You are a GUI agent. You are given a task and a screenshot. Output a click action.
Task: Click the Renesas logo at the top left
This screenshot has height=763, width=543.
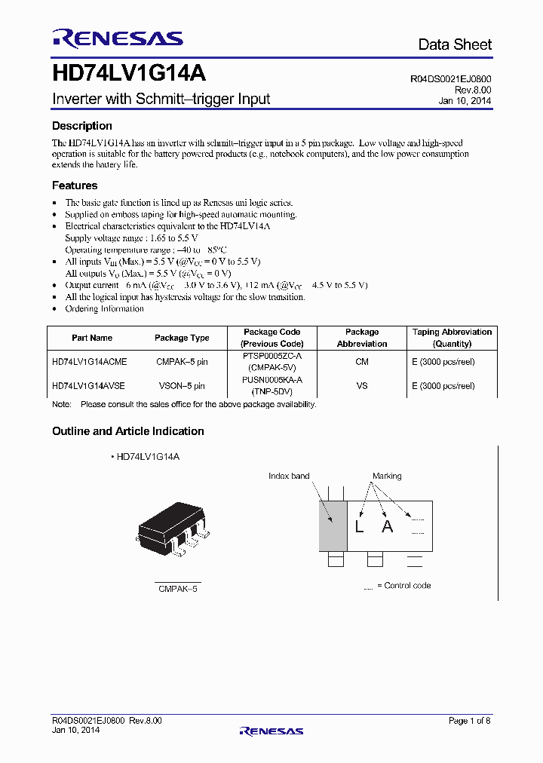(x=117, y=38)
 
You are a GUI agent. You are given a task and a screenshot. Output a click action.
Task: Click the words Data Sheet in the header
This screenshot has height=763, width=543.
(x=455, y=45)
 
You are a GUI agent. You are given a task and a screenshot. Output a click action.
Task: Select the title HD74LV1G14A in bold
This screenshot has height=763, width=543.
(x=129, y=75)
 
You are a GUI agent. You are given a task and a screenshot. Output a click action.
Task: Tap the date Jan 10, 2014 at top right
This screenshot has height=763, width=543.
(x=465, y=100)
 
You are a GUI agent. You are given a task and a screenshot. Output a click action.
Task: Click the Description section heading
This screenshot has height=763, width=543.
(x=81, y=126)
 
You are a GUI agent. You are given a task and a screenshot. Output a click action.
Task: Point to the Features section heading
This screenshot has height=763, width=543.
(x=75, y=185)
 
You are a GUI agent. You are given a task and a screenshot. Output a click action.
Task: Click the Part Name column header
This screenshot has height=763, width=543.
(x=92, y=338)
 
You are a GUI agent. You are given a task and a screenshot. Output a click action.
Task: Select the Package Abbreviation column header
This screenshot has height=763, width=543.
(x=362, y=338)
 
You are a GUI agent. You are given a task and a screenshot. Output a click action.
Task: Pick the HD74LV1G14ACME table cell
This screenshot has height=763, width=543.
(x=90, y=362)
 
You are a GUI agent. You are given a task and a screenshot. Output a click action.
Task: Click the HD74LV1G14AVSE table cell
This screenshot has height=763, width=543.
(x=89, y=385)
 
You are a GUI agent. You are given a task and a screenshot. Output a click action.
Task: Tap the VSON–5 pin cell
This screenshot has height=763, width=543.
(x=182, y=385)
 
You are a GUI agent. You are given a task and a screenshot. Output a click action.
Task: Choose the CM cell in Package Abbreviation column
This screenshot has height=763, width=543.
(x=362, y=362)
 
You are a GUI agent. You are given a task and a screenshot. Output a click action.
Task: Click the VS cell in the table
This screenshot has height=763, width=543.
(x=362, y=385)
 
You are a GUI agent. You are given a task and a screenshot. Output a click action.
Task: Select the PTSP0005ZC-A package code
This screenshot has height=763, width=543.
(x=271, y=356)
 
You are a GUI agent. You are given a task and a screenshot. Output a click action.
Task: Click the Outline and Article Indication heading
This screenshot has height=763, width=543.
(x=128, y=431)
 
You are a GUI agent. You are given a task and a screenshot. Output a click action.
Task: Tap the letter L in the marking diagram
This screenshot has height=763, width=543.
(x=359, y=527)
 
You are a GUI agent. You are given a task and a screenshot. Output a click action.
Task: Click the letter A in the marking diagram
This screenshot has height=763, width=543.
(x=387, y=527)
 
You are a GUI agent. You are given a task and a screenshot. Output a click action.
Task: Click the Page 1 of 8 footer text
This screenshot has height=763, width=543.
(x=469, y=721)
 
